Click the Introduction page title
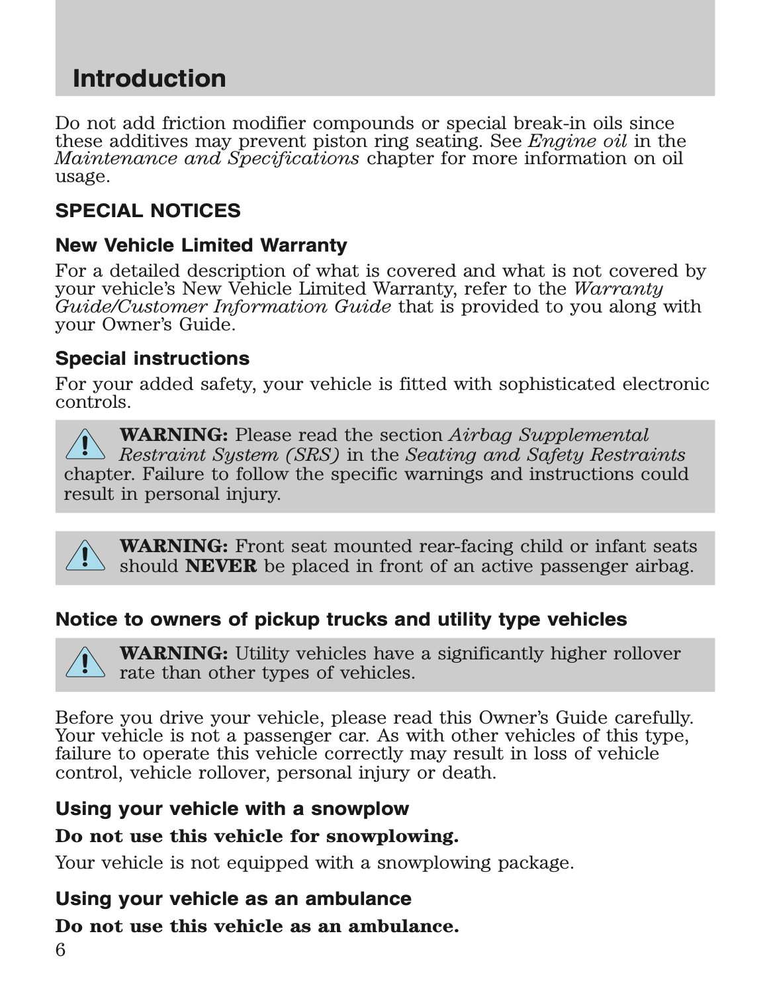click(x=149, y=79)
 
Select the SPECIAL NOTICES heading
click(x=148, y=211)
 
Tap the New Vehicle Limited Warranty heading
click(x=201, y=246)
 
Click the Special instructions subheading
click(x=152, y=359)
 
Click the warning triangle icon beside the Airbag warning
click(x=85, y=444)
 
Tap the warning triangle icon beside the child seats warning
click(x=85, y=555)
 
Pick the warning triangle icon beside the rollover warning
click(x=85, y=663)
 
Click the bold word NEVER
click(x=221, y=567)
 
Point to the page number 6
click(x=60, y=951)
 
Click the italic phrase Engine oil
click(x=577, y=141)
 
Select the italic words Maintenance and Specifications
click(x=207, y=159)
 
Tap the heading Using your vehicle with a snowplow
click(x=232, y=809)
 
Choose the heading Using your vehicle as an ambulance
click(x=233, y=899)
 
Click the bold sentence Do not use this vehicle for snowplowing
click(x=257, y=836)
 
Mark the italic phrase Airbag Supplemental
click(x=549, y=436)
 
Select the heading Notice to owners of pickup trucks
click(x=341, y=620)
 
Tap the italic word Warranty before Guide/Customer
click(x=617, y=289)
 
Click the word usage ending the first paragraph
click(x=81, y=177)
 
